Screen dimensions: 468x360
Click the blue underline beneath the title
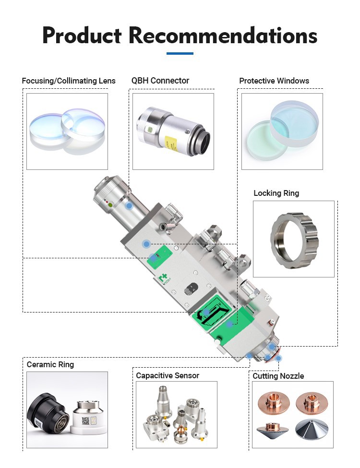click(180, 53)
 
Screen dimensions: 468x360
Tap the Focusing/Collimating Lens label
click(69, 81)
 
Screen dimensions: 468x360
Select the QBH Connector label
click(160, 81)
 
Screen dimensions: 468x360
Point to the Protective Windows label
click(274, 81)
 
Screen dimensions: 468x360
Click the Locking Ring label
click(276, 193)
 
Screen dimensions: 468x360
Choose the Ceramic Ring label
click(50, 364)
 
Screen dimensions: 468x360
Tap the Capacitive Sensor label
click(168, 375)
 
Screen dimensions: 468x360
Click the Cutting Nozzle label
click(278, 376)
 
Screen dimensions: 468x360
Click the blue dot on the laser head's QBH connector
click(129, 206)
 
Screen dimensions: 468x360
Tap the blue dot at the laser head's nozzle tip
click(279, 358)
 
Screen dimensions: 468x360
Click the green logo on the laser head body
click(163, 279)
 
